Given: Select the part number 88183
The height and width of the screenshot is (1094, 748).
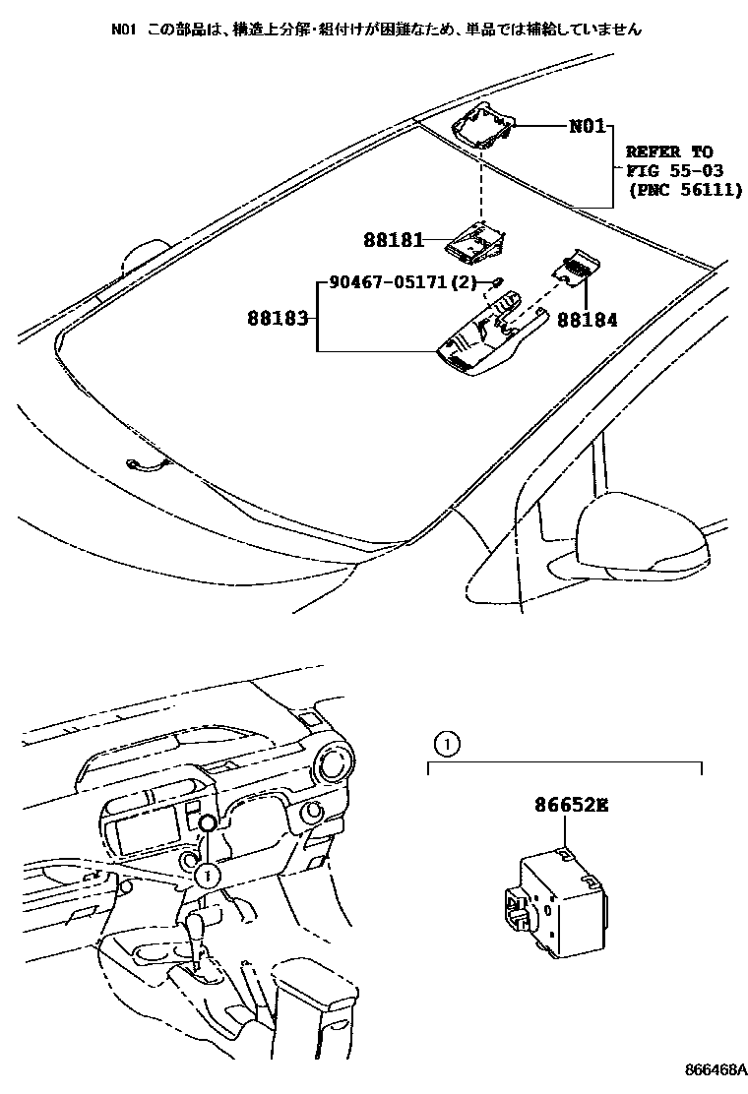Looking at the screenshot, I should [x=280, y=318].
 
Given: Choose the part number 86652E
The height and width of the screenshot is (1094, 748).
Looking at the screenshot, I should [x=571, y=805].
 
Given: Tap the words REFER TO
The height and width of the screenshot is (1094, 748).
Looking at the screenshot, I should [x=668, y=152].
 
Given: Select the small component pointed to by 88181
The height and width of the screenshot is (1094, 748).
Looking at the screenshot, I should [x=477, y=239].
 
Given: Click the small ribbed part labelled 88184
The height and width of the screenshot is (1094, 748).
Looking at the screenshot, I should [x=574, y=265].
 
